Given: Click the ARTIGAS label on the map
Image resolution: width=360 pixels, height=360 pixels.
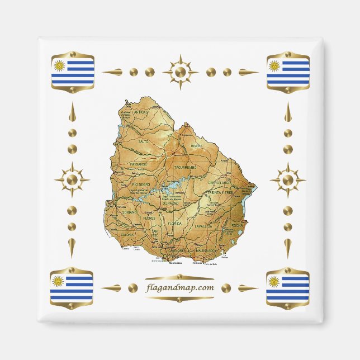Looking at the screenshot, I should click(141, 112).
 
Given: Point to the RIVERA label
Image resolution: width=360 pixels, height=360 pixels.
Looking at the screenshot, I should click(196, 146).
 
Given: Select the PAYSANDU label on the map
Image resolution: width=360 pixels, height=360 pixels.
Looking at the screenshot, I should click(138, 164).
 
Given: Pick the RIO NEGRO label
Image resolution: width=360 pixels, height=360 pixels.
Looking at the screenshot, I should click(140, 184).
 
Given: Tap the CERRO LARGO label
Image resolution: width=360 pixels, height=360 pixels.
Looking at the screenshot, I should click(220, 183).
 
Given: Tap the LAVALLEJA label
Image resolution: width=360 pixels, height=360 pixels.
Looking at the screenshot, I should click(203, 226).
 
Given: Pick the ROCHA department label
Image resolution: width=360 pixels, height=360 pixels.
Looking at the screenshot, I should click(237, 225).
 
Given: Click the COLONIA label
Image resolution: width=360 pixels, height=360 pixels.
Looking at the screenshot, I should click(127, 235).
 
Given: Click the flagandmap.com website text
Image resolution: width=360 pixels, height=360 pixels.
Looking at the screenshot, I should click(180, 288).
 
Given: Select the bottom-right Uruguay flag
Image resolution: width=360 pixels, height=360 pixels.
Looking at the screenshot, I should click(287, 286).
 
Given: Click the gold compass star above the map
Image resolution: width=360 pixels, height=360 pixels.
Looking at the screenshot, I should click(180, 72).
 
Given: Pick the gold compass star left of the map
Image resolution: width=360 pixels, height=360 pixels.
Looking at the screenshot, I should click(72, 180).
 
